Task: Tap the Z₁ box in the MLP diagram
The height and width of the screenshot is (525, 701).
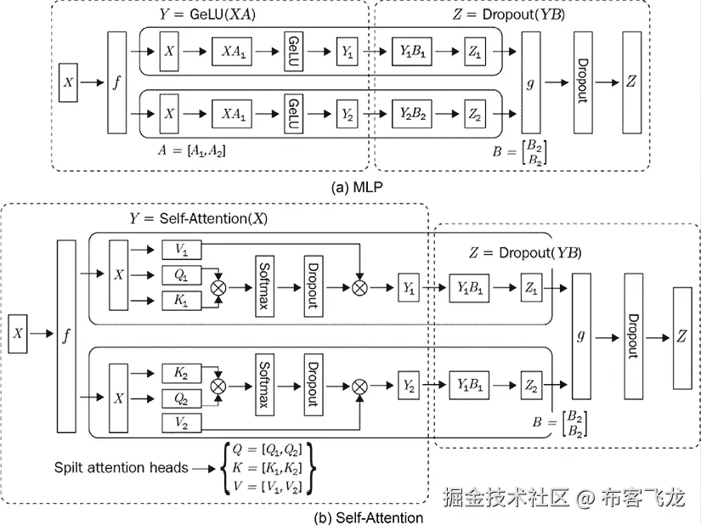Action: [x=475, y=53]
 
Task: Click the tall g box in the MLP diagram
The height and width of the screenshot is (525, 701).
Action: [x=531, y=82]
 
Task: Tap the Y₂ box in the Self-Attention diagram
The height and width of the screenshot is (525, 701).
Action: [x=410, y=386]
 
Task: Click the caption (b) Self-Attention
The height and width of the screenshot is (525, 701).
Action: [x=369, y=517]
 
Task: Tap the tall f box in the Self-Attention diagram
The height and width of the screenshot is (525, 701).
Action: [x=66, y=336]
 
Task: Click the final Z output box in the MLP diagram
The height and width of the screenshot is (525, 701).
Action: [x=630, y=82]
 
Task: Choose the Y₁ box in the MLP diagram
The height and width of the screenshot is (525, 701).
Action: [x=347, y=53]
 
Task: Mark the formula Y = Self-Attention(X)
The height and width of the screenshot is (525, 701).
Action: [x=201, y=218]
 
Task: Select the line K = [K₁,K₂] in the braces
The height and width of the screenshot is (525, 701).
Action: [x=267, y=467]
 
